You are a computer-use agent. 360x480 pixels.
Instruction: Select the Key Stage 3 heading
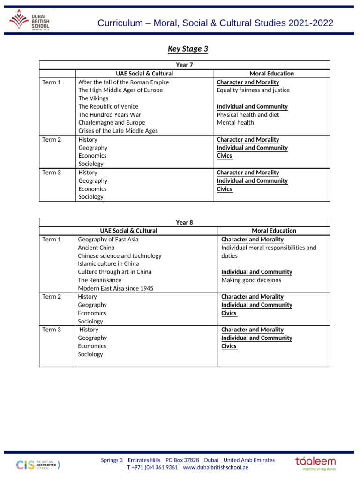point(187,49)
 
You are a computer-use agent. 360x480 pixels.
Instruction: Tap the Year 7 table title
point(184,65)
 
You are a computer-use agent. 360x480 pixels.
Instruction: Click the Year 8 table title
point(184,222)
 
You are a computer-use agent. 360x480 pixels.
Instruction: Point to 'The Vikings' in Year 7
point(93,98)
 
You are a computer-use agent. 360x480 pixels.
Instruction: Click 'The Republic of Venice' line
point(108,106)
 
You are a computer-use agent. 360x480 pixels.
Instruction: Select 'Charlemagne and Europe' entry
point(112,123)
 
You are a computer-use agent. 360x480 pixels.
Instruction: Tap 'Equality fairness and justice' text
point(253,90)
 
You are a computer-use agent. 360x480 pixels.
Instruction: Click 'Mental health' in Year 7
point(235,123)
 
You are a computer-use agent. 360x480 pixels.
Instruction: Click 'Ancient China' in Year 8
point(96,247)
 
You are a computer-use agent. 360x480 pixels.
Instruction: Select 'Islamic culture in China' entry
point(108,264)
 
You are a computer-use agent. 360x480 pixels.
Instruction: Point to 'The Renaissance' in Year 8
point(99,280)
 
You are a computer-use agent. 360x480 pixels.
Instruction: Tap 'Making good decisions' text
point(251,280)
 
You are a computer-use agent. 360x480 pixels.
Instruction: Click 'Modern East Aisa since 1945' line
point(115,288)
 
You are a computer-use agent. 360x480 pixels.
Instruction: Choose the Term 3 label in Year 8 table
point(52,330)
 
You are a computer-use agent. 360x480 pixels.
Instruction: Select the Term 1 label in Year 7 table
point(52,82)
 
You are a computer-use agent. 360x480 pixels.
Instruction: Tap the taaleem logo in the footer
point(315,463)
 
